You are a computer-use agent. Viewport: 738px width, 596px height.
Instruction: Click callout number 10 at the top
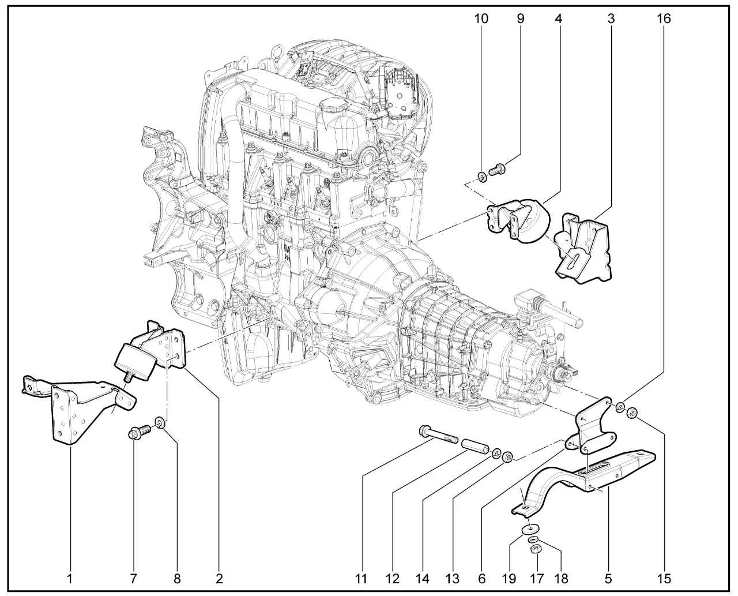pyautogui.click(x=481, y=18)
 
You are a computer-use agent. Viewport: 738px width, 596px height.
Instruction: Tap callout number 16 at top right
pyautogui.click(x=664, y=18)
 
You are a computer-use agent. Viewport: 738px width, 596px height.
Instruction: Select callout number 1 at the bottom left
pyautogui.click(x=70, y=577)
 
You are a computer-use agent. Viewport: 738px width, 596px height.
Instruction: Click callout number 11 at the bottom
pyautogui.click(x=362, y=577)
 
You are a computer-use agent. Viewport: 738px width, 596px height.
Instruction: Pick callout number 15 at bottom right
pyautogui.click(x=664, y=577)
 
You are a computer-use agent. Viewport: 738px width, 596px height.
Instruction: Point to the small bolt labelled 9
pyautogui.click(x=496, y=170)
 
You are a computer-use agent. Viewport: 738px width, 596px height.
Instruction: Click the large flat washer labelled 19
pyautogui.click(x=529, y=528)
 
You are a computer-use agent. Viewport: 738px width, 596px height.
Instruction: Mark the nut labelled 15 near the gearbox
pyautogui.click(x=632, y=413)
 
